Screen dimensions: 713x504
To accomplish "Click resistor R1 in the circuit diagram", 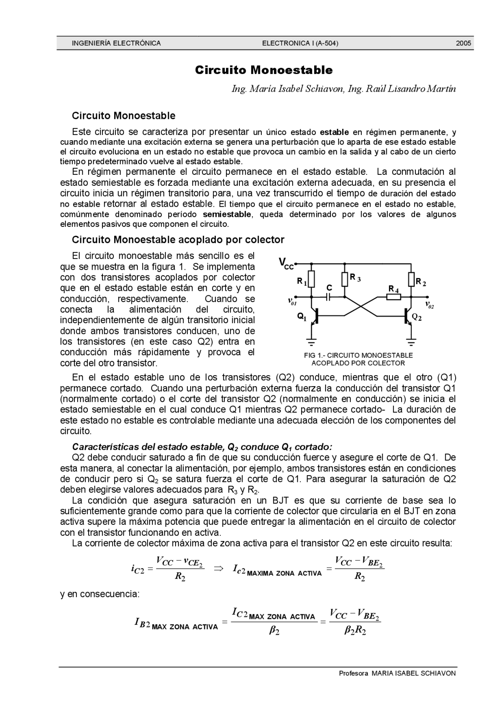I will coord(311,279).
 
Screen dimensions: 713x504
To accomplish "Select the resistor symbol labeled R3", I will coord(345,279).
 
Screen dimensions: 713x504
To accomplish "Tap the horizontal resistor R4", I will coord(393,297).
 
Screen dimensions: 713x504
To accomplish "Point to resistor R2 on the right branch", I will coord(411,280).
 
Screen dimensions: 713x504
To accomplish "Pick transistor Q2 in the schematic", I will coord(408,316).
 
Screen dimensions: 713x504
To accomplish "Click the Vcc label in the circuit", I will coord(286,263).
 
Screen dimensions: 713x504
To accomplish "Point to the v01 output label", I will coord(292,302).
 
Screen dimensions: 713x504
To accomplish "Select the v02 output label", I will coord(429,304).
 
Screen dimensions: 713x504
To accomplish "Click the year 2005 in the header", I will coord(463,43).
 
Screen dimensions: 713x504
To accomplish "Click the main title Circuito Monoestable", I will coord(264,70).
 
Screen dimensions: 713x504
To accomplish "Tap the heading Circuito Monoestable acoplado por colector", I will coord(178,239).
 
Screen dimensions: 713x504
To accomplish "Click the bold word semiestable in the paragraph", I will coord(227,214).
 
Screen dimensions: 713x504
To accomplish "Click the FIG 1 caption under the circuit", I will coord(358,359).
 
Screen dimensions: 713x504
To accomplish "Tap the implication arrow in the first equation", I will coord(219,568).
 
